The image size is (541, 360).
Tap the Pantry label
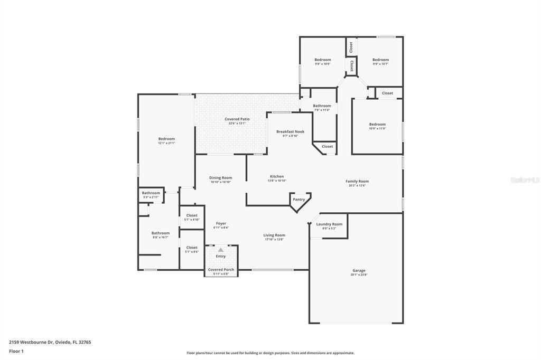[x=299, y=200]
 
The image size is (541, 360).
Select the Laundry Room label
[x=329, y=224]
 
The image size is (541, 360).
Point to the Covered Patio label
[x=237, y=119]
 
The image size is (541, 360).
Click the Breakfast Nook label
[x=290, y=132]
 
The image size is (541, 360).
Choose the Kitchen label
[x=277, y=177]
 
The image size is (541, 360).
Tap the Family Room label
[x=357, y=181]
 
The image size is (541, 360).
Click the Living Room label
[x=274, y=235]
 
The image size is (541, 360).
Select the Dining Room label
[x=220, y=178]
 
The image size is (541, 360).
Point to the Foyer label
[x=221, y=224]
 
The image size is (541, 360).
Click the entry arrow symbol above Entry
[x=221, y=250]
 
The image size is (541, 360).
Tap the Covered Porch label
[x=221, y=270]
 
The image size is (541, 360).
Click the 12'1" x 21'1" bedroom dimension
[x=166, y=143]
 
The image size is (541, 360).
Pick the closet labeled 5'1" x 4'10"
[x=192, y=217]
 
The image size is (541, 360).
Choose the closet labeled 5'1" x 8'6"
[x=192, y=249]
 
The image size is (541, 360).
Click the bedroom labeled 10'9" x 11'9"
[x=377, y=126]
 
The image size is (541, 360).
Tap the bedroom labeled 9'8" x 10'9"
[x=323, y=62]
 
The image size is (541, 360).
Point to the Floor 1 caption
[x=16, y=351]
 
